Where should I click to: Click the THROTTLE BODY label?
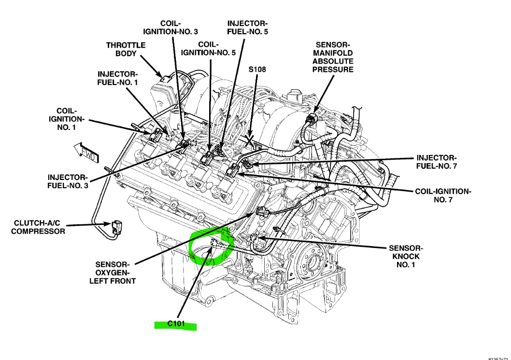pos(126,49)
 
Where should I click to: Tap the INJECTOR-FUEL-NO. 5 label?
pos(247,28)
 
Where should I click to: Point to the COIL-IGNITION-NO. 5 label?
pos(208,49)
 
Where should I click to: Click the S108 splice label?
pos(257,69)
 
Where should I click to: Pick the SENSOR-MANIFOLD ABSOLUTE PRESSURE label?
pos(333,57)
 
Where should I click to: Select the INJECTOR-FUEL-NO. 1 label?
pos(118,78)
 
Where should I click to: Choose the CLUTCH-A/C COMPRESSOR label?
pos(39,227)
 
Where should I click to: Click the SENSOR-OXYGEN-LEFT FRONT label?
pos(112,273)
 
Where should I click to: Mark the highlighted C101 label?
pos(176,324)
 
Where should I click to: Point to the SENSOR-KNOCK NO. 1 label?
pos(405,257)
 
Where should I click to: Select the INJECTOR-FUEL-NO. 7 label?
pos(436,162)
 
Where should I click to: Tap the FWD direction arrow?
pos(86,152)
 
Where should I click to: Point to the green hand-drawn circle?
pos(211,248)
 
